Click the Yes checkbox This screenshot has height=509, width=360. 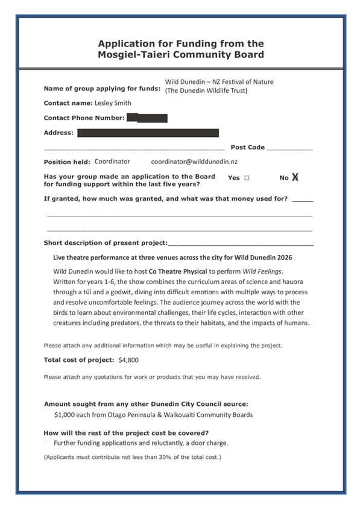pyautogui.click(x=247, y=179)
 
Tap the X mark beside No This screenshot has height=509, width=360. pyautogui.click(x=295, y=177)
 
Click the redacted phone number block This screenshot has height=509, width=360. pyautogui.click(x=147, y=118)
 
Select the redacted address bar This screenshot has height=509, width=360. pyautogui.click(x=148, y=133)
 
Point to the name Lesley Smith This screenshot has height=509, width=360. pyautogui.click(x=113, y=103)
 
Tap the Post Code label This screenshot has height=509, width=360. pyautogui.click(x=247, y=147)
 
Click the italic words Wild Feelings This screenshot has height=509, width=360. pyautogui.click(x=261, y=271)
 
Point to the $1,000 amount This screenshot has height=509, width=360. pyautogui.click(x=65, y=415)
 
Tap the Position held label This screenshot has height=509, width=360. pyautogui.click(x=67, y=162)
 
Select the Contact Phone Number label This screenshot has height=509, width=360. pyautogui.click(x=84, y=118)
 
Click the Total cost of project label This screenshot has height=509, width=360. pyautogui.click(x=79, y=360)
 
